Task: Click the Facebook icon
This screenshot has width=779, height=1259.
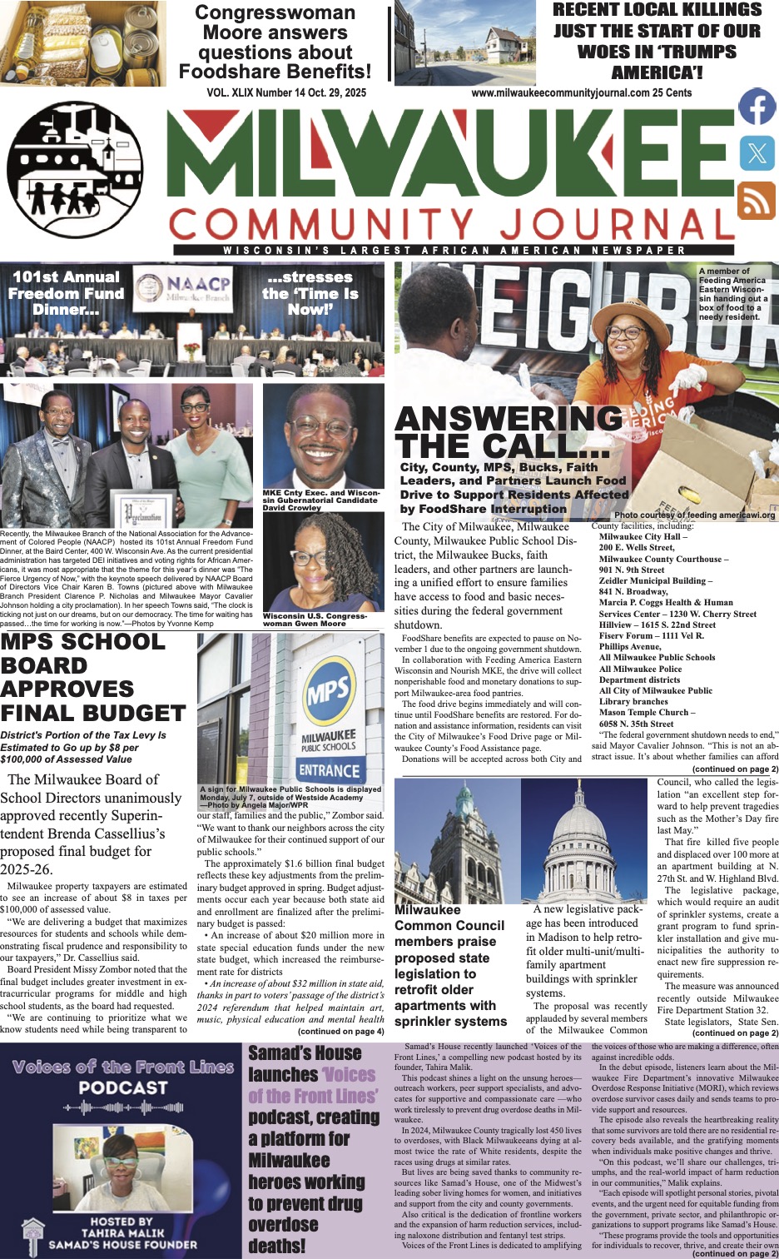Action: tap(757, 108)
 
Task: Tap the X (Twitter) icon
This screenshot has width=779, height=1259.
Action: tap(757, 153)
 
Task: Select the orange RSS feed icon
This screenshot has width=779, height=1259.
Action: tap(757, 201)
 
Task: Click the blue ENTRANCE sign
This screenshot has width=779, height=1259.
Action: tap(329, 770)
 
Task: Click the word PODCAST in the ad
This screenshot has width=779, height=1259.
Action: tap(123, 1087)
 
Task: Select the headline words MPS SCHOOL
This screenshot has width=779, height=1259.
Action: tap(83, 642)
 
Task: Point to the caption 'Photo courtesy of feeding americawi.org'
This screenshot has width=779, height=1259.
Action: tap(694, 515)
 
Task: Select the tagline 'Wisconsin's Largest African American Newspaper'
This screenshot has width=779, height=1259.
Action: tap(454, 251)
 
